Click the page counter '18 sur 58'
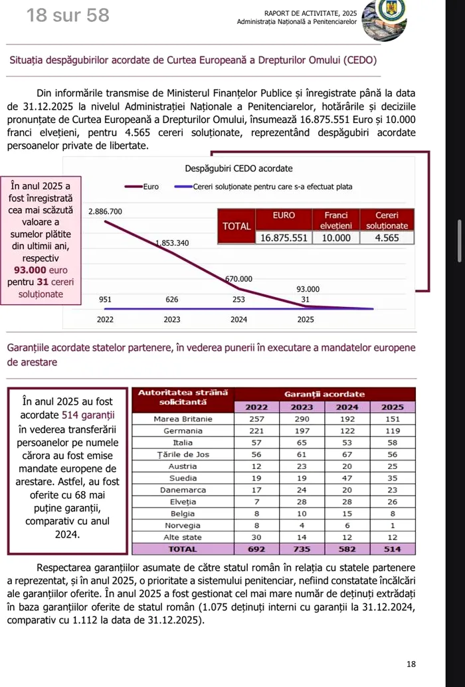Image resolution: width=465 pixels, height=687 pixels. pos(68,15)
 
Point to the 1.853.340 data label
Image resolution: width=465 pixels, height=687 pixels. pos(172,243)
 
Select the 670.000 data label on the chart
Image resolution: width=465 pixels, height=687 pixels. pos(238,278)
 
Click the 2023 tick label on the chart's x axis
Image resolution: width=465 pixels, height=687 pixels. pos(172,320)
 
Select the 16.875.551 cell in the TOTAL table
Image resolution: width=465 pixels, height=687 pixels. pos(284,238)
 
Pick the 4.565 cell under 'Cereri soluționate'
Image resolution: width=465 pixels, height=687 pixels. pos(387,238)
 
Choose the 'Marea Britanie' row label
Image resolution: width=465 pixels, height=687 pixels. pos(183,419)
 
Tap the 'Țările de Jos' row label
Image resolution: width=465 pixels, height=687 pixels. pos(183,454)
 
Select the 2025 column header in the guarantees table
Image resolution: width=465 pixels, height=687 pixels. pos(392,407)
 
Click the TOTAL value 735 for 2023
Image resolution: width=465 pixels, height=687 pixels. pos(302,549)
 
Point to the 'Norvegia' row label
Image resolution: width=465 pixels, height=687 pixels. pos(183,525)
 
